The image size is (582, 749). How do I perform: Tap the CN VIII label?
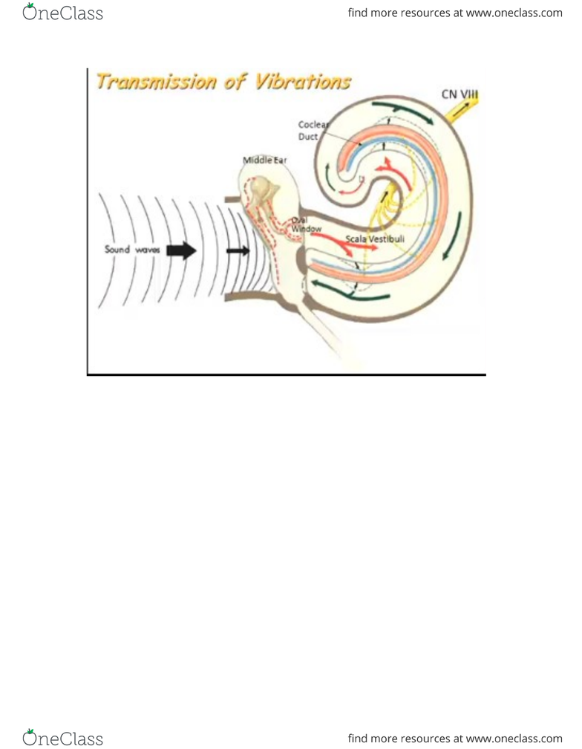[460, 94]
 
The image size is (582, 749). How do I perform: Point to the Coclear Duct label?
[313, 131]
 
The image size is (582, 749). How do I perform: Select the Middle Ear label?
[265, 160]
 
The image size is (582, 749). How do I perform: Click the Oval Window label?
[306, 224]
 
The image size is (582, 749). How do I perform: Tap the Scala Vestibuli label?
[375, 239]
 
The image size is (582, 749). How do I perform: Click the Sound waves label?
[132, 250]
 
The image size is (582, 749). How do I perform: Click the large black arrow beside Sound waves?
[181, 250]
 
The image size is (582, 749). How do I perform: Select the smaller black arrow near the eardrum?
[238, 251]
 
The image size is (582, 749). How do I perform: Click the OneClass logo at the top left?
[62, 13]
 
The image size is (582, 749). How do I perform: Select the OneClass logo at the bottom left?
[62, 738]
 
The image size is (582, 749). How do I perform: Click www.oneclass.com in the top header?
[514, 13]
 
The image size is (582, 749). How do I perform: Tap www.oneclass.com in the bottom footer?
[514, 739]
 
